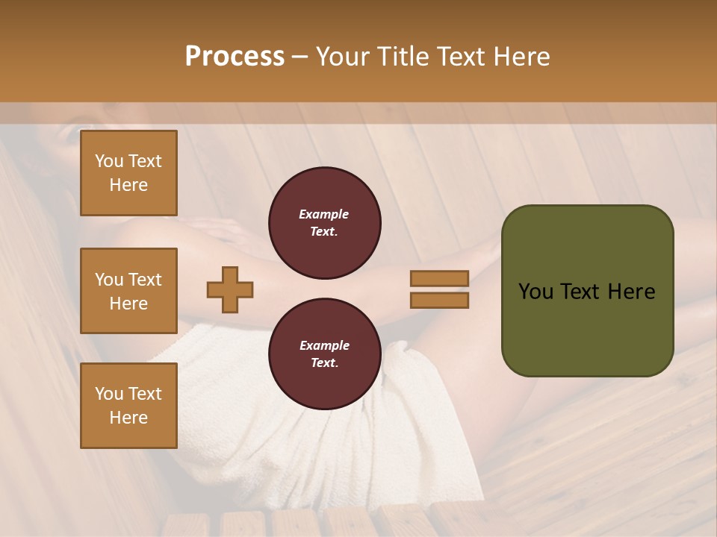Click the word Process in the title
point(235,57)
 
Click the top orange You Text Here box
point(128,173)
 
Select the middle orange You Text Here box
point(128,291)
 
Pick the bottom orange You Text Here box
point(128,405)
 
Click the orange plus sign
point(229,289)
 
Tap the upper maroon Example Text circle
point(324,223)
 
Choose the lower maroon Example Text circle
point(324,354)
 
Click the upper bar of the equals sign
point(439,278)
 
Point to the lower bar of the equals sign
point(439,301)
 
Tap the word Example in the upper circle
point(324,214)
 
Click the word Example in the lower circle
point(324,345)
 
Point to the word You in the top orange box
point(109,161)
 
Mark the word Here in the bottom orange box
point(128,418)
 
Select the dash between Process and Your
point(300,57)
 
